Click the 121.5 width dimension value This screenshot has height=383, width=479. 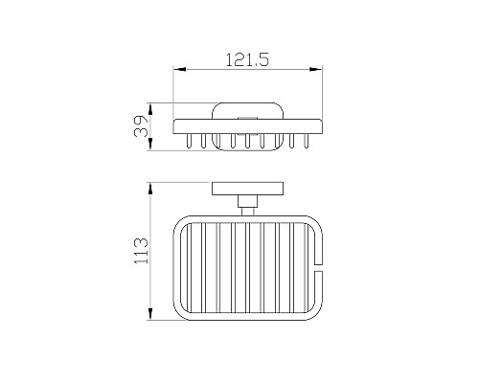coord(247,60)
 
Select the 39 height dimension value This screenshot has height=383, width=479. coord(141,126)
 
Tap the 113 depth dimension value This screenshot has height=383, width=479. coord(141,251)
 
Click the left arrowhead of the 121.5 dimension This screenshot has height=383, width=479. coord(179,69)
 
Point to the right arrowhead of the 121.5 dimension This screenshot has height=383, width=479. coord(316,69)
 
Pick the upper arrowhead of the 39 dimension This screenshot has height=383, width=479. coord(150,109)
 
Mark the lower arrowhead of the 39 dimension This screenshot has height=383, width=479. coord(150,145)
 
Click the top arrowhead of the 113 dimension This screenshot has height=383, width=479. coord(150,189)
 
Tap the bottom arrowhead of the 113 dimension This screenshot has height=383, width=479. coord(150,314)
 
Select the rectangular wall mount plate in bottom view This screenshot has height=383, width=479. coord(247,189)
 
